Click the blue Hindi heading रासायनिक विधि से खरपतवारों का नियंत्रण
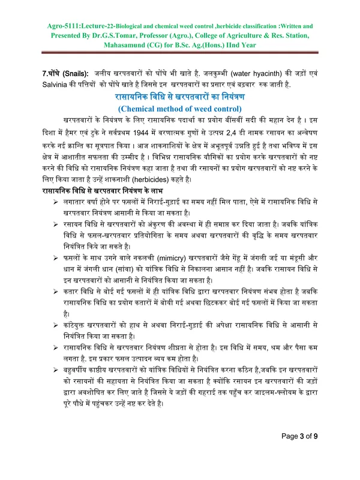click(180, 97)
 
